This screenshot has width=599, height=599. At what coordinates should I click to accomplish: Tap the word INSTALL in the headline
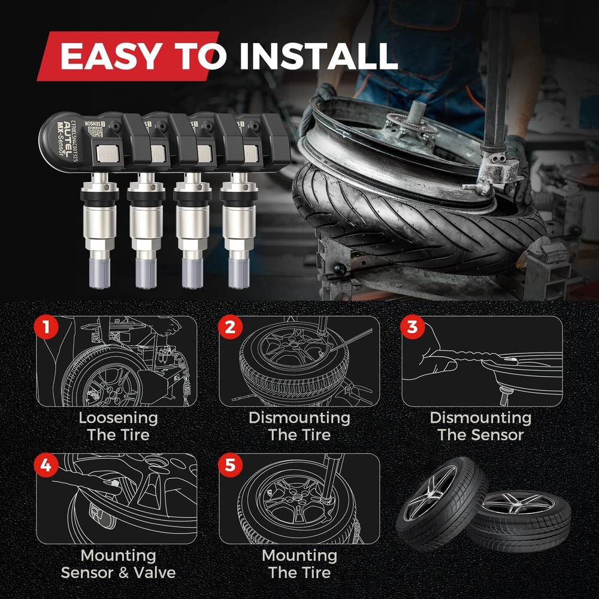coord(318,56)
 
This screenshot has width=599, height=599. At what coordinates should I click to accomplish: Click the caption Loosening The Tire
coord(118,426)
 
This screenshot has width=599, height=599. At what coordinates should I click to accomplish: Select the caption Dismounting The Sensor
coord(480,426)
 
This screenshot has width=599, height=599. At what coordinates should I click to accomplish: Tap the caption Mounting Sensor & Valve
coord(118,564)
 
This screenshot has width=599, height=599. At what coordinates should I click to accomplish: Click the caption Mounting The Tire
coord(299,564)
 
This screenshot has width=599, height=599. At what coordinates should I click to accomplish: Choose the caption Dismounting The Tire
coord(299,426)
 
